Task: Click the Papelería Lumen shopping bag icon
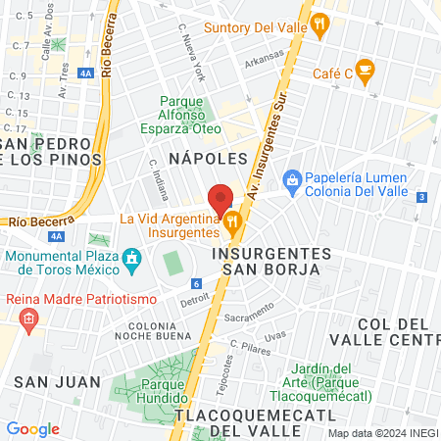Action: coord(291,179)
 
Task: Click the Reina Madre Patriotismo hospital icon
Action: coord(28,318)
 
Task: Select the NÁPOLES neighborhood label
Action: coord(206,158)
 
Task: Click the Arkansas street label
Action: coord(264,58)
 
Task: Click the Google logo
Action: coord(33,428)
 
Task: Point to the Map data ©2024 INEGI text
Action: coord(383,433)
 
